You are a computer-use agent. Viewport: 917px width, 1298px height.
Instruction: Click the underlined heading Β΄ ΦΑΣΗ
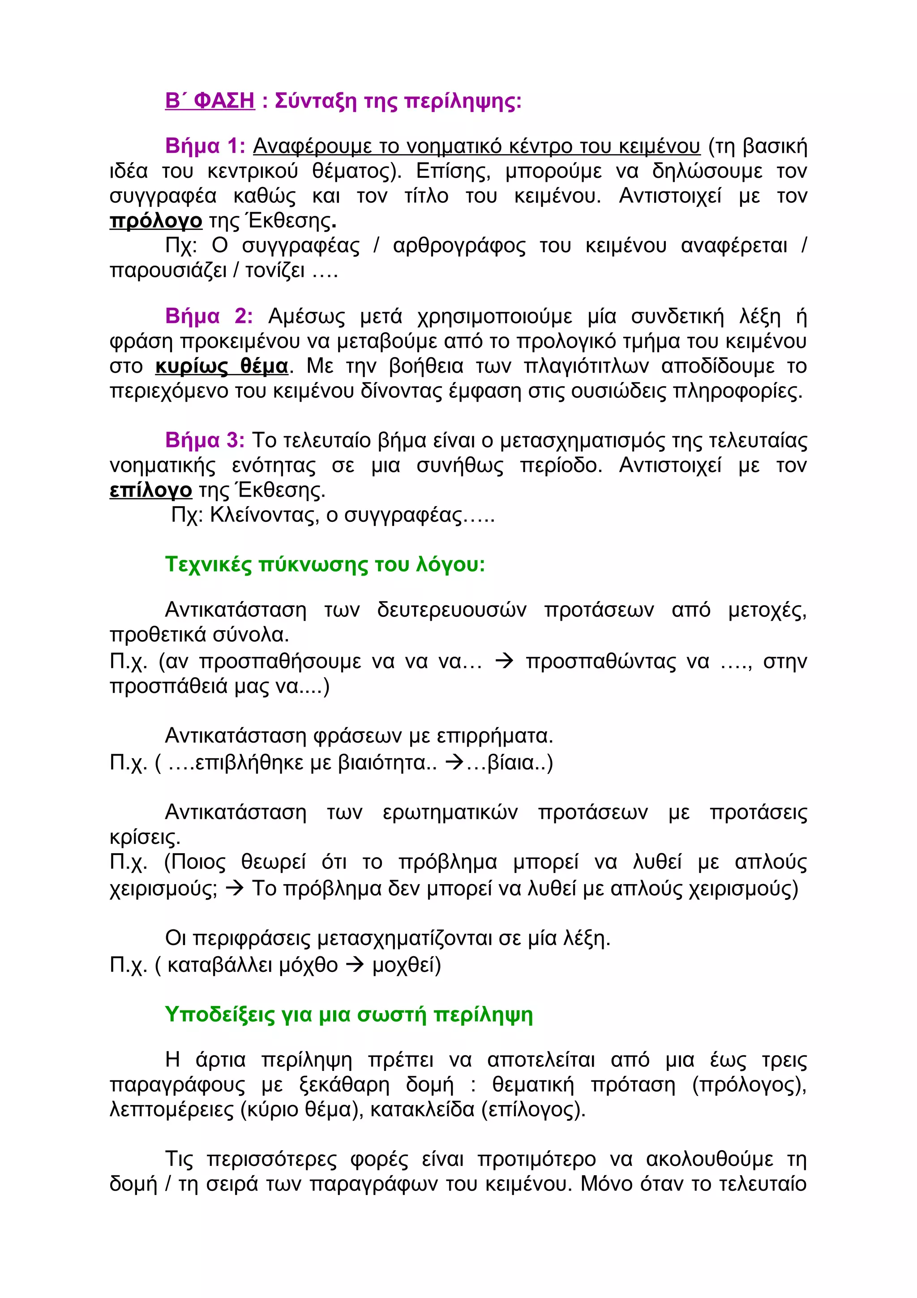click(210, 101)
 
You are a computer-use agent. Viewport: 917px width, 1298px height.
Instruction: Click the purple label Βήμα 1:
click(205, 146)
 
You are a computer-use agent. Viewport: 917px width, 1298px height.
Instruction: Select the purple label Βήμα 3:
click(205, 440)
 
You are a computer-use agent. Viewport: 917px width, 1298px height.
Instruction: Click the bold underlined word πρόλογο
click(155, 220)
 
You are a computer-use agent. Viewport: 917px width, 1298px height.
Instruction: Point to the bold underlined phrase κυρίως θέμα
click(222, 366)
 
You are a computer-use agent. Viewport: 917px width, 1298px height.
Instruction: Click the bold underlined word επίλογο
click(150, 490)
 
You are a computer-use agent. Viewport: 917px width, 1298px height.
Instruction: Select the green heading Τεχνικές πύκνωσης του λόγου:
click(325, 564)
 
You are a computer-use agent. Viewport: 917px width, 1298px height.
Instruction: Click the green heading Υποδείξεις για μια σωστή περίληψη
click(349, 1014)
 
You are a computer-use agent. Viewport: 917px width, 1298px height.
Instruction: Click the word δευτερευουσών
click(451, 610)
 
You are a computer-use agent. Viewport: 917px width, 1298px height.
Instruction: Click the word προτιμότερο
click(536, 1159)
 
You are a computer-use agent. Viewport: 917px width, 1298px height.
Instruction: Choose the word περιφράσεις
click(252, 938)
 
